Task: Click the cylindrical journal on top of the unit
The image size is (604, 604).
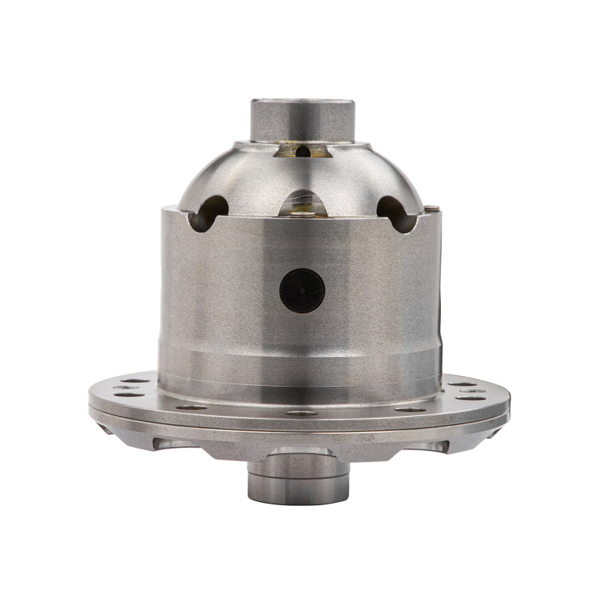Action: pyautogui.click(x=302, y=119)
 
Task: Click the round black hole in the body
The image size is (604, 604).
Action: pyautogui.click(x=302, y=291)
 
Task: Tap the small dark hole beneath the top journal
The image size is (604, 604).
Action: pyautogui.click(x=303, y=151)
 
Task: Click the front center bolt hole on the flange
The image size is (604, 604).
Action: pyautogui.click(x=301, y=413)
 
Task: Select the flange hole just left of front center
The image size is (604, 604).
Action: pyautogui.click(x=193, y=408)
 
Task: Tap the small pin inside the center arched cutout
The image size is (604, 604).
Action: pyautogui.click(x=302, y=214)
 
